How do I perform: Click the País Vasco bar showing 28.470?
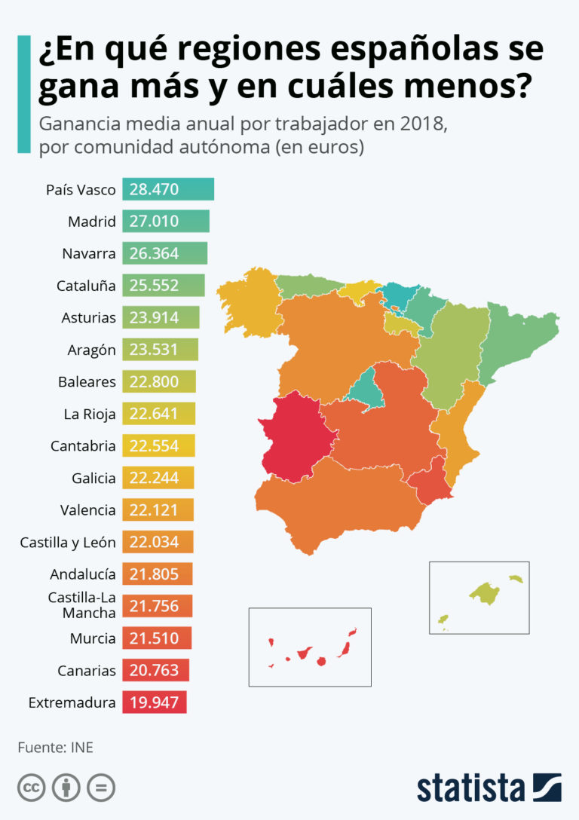click(168, 189)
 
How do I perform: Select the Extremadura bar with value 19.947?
click(154, 703)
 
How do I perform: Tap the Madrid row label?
click(91, 222)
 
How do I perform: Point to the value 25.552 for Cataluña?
click(154, 286)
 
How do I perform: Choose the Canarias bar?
click(155, 671)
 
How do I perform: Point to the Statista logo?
click(489, 787)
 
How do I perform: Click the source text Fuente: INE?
click(55, 748)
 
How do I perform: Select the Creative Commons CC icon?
click(31, 788)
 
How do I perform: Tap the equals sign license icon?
click(100, 788)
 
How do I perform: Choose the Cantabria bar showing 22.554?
click(158, 446)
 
